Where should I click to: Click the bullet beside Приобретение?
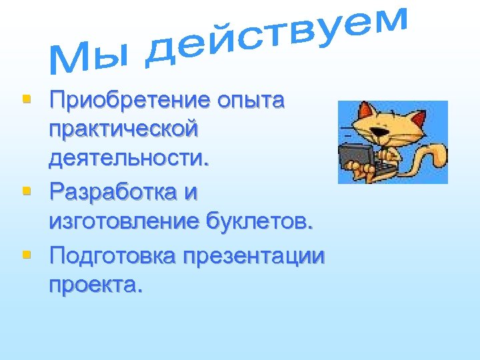coord(27,100)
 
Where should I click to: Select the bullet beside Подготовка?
coord(27,254)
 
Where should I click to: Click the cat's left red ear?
coord(365,109)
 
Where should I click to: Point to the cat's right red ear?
coord(418,118)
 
